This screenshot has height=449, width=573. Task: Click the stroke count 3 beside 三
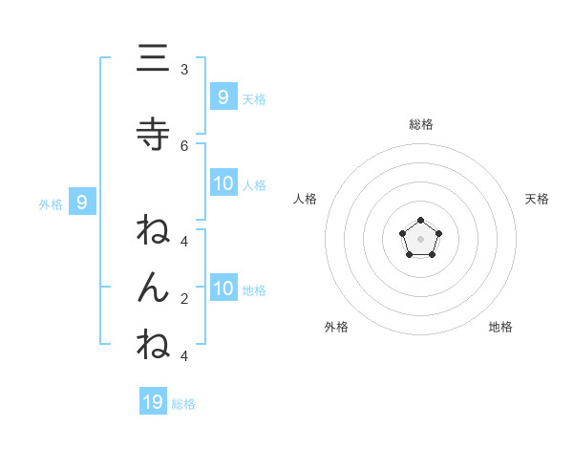pyautogui.click(x=184, y=70)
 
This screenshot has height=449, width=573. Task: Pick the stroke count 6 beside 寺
pyautogui.click(x=184, y=145)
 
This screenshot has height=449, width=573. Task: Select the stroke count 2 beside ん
pyautogui.click(x=184, y=299)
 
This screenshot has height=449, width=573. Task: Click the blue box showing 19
pyautogui.click(x=154, y=401)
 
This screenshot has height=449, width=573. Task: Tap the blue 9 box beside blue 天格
pyautogui.click(x=223, y=96)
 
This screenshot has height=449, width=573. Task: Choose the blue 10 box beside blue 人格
pyautogui.click(x=223, y=183)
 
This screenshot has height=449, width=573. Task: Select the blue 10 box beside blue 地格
pyautogui.click(x=223, y=289)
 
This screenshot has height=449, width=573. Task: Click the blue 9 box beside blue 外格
pyautogui.click(x=82, y=202)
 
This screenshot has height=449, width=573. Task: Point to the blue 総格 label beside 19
pyautogui.click(x=183, y=404)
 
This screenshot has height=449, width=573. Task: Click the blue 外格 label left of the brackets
pyautogui.click(x=50, y=203)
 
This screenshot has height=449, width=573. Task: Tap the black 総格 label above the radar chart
pyautogui.click(x=420, y=124)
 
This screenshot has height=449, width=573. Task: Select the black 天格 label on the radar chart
pyautogui.click(x=537, y=199)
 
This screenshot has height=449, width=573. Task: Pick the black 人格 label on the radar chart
pyautogui.click(x=306, y=199)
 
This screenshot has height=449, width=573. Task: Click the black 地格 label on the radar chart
pyautogui.click(x=500, y=327)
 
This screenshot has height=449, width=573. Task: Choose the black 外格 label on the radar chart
pyautogui.click(x=336, y=327)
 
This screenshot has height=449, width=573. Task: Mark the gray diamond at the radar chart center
pyautogui.click(x=420, y=238)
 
